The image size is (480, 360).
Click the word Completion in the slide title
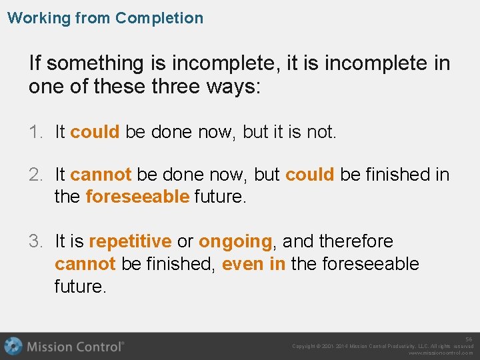pos(159,18)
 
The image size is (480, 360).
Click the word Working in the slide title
pos(39,18)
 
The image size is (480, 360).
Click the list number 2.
pos(35,175)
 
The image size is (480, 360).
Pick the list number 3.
pos(35,241)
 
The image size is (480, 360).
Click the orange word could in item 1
pos(95,132)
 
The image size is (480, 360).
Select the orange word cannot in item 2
pos(101,175)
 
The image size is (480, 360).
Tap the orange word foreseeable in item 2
pos(138,197)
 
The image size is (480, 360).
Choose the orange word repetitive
pos(130,241)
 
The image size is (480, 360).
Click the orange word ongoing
pos(235,241)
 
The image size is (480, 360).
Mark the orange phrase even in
pos(253,264)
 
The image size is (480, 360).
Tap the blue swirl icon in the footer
pos(13,346)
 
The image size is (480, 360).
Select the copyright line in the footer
pos(383,346)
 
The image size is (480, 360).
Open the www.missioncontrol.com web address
pos(441,353)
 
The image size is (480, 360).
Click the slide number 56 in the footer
pos(469,339)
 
